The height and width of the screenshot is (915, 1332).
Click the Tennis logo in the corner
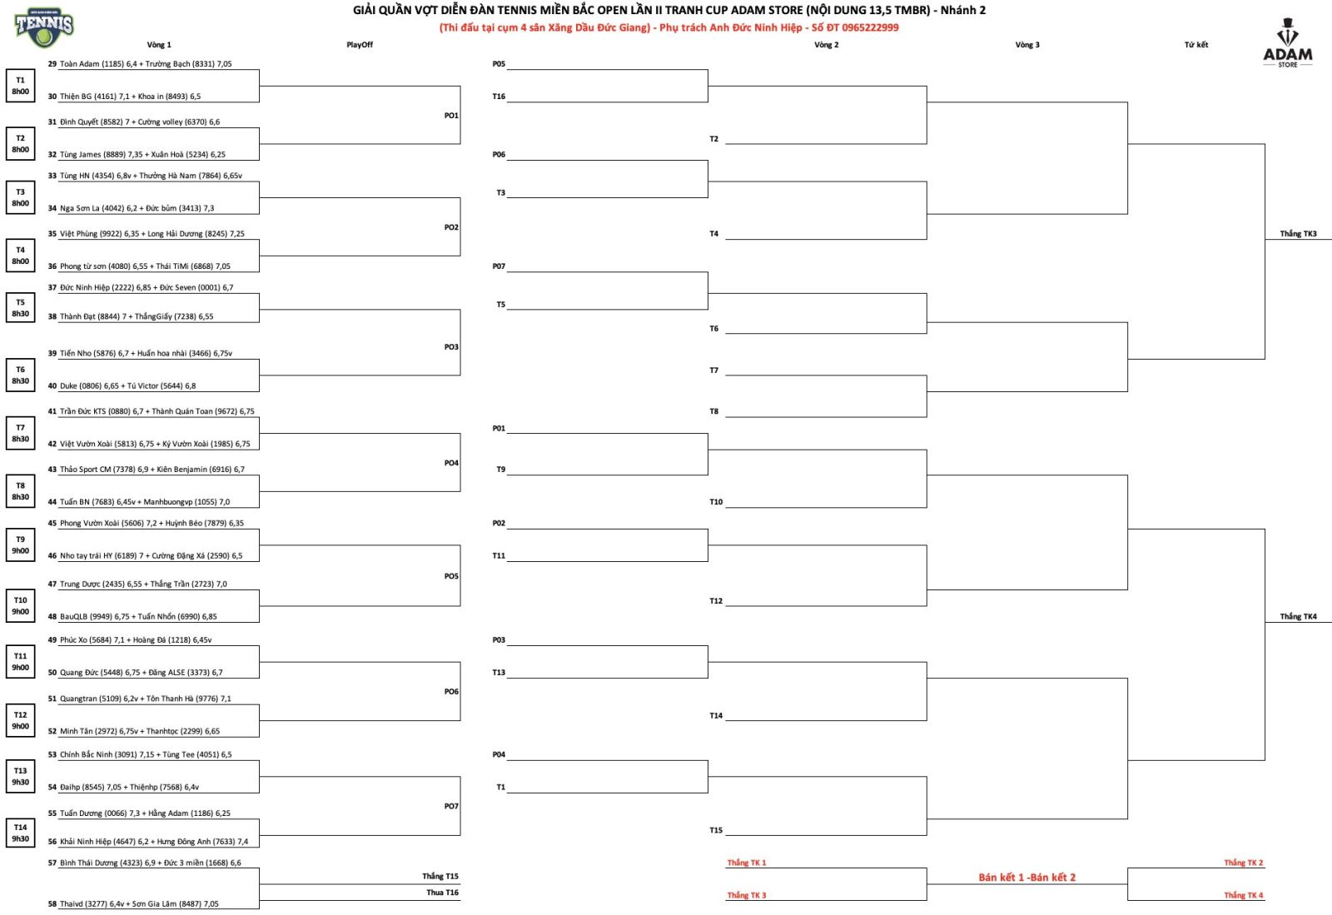(x=44, y=27)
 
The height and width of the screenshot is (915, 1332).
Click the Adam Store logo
(x=1288, y=44)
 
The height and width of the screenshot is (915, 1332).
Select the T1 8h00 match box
(x=21, y=86)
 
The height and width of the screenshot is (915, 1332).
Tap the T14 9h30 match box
(x=21, y=833)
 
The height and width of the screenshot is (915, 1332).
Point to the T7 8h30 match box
(x=21, y=433)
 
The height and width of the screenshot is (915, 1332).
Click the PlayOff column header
(x=360, y=45)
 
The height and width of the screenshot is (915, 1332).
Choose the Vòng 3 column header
(x=1027, y=45)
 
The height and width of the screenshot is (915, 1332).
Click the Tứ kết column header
(x=1196, y=45)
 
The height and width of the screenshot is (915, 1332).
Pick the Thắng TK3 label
(x=1298, y=234)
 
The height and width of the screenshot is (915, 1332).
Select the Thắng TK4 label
(x=1298, y=617)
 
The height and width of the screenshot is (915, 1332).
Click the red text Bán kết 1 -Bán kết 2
(x=1026, y=878)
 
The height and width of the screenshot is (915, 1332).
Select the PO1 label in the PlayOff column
(x=451, y=116)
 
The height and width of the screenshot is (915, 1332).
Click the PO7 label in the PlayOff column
(x=451, y=806)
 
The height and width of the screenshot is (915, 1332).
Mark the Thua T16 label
(x=442, y=893)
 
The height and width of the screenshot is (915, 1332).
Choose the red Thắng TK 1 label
(x=746, y=863)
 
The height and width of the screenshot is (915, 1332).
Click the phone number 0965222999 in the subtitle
(x=870, y=27)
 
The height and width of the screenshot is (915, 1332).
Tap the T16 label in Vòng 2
(x=499, y=97)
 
